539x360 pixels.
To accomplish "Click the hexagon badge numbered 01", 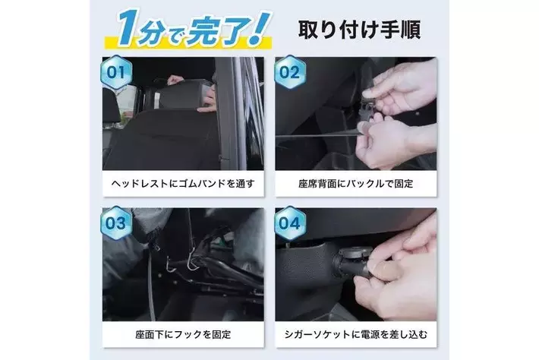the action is click(x=116, y=72).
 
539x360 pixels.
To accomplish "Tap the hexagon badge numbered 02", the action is click(x=289, y=72).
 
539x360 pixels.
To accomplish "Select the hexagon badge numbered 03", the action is click(x=116, y=223).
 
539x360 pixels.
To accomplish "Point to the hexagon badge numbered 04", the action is click(x=289, y=223).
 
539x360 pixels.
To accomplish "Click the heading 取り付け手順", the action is click(x=359, y=30).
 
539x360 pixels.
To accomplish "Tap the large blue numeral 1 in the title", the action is click(x=128, y=28).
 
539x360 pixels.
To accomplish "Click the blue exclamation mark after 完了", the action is click(x=259, y=28).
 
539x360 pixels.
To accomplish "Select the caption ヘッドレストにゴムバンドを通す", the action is click(x=183, y=184).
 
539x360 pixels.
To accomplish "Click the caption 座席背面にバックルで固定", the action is click(x=356, y=184).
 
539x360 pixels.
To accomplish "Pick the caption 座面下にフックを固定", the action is click(x=183, y=334).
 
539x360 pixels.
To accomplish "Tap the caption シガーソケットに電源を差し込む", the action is click(x=356, y=334).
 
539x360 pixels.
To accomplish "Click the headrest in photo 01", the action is click(x=181, y=94).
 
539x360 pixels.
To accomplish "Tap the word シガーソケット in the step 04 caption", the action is click(x=313, y=334).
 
